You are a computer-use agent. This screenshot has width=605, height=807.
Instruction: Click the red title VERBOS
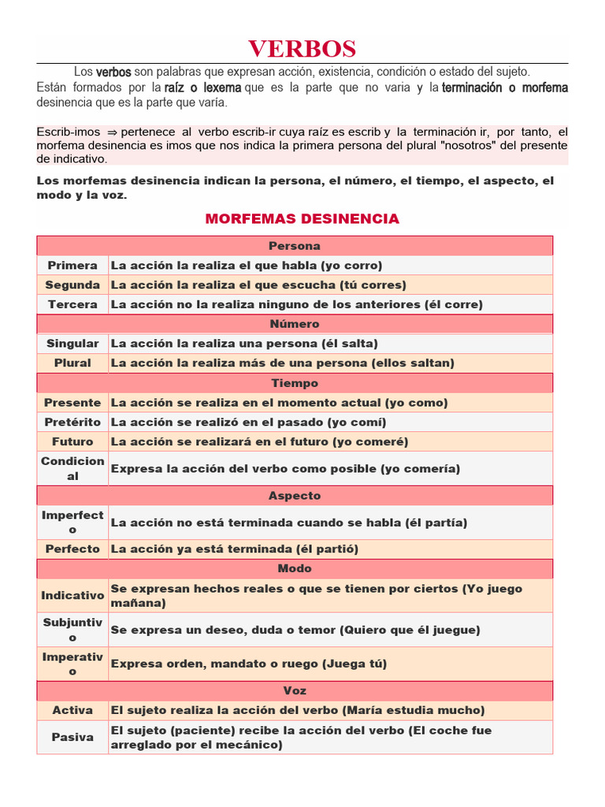[302, 49]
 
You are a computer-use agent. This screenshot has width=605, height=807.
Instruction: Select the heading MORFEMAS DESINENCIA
[302, 218]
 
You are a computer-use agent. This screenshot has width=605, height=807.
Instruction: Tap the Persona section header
[295, 246]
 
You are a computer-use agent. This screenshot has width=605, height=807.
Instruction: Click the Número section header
[295, 324]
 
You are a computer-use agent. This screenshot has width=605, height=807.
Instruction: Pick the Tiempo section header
[295, 383]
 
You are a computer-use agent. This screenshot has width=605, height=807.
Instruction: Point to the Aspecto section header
[295, 496]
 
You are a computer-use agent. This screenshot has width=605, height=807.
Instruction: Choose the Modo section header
[295, 568]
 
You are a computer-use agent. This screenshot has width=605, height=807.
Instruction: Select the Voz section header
[295, 690]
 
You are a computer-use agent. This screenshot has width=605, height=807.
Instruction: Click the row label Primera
[72, 266]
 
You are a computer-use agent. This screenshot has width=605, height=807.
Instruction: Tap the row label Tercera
[72, 304]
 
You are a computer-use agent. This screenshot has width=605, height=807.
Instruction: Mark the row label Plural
[72, 363]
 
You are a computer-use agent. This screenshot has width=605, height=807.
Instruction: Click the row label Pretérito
[72, 422]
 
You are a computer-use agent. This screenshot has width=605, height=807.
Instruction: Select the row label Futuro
[72, 442]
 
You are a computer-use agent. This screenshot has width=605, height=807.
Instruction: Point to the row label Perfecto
[72, 549]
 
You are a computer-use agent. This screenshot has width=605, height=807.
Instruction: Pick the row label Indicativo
[72, 596]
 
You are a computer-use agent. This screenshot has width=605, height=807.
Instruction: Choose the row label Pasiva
[72, 737]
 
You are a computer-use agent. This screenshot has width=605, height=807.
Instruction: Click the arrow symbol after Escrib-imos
[112, 132]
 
